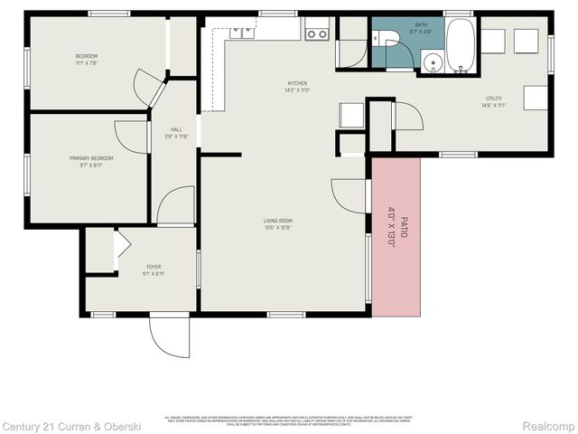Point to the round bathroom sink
pyautogui.click(x=433, y=63)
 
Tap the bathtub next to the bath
pyautogui.click(x=460, y=45)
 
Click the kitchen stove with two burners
pyautogui.click(x=317, y=33)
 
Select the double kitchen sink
pyautogui.click(x=241, y=33)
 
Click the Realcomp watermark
pyautogui.click(x=549, y=426)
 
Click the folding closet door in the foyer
pyautogui.click(x=121, y=245)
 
